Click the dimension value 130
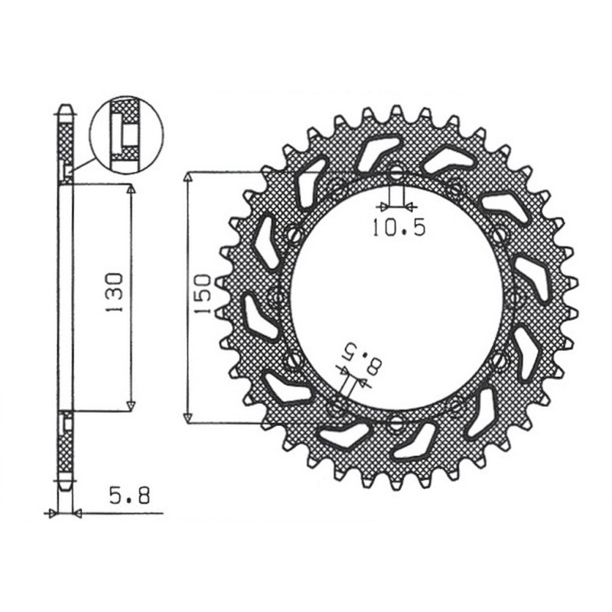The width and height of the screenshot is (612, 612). [114, 290]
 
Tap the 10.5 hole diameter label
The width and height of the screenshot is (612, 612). [397, 227]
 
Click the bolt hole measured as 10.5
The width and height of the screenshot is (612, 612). [396, 174]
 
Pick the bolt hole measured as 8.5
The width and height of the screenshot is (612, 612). [337, 406]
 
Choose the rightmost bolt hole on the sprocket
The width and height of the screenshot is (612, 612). [513, 297]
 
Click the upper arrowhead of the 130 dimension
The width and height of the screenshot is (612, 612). [131, 188]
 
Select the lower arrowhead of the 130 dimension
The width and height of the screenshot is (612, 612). [131, 405]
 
